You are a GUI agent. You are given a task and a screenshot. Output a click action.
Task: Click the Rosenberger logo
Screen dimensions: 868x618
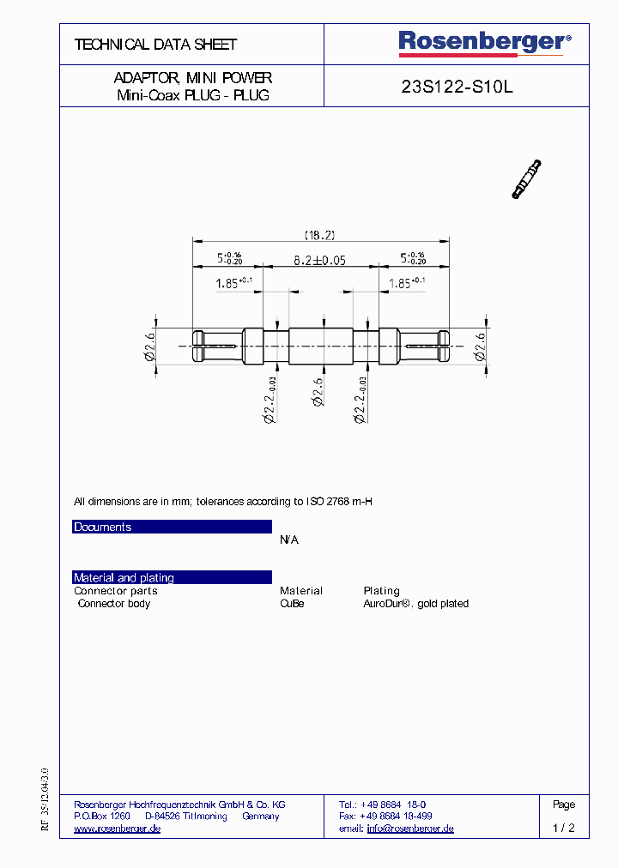coord(483,43)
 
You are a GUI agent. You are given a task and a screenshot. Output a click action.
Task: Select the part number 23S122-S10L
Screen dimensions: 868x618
coord(457,87)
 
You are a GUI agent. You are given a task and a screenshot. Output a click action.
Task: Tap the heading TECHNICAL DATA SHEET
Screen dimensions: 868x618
coord(155,44)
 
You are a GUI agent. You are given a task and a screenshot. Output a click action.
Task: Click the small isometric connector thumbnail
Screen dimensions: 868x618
coord(526,179)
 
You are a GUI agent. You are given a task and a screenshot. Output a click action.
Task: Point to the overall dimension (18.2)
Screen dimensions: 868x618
coord(319,234)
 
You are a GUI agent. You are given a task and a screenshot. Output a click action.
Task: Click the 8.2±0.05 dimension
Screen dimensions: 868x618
coord(319,260)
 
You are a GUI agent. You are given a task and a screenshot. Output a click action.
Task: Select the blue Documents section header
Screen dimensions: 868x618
coord(172,527)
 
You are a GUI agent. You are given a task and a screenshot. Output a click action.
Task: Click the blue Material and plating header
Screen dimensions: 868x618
coord(172,577)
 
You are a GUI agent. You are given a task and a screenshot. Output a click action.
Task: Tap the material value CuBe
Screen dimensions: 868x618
coord(292,604)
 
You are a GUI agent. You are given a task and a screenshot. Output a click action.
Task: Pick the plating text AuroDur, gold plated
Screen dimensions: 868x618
coord(415,604)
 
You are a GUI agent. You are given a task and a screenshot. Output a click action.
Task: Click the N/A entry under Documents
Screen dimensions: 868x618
coord(289,539)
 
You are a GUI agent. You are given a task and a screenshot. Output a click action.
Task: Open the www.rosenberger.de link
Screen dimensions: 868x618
coord(118,829)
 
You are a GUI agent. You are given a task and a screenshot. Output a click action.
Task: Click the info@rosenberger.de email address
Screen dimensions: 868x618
coord(410,829)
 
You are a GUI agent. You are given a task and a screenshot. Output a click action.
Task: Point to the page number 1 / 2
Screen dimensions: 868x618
coord(563,829)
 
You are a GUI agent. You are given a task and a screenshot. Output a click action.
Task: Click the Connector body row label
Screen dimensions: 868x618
coord(113,604)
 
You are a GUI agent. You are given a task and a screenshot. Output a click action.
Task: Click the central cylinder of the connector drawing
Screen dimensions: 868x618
coord(320,346)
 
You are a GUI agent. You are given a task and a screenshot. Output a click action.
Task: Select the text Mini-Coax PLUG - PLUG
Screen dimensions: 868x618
coord(193,95)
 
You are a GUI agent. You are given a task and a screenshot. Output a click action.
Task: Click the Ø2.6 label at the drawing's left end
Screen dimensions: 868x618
coord(150,347)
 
